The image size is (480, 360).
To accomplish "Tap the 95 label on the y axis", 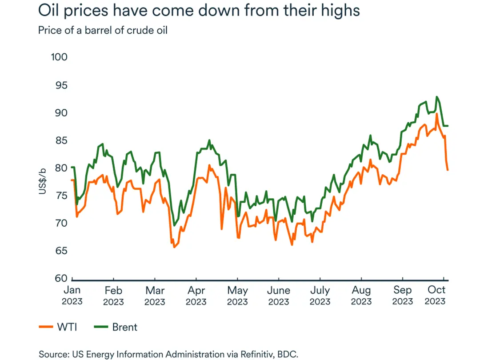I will coord(60,85).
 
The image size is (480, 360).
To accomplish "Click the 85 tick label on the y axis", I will coord(60,140).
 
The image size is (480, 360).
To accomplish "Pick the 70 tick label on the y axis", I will coord(60,223).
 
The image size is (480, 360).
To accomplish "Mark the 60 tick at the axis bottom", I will coord(60,278).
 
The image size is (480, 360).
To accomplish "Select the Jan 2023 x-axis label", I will coord(72,296).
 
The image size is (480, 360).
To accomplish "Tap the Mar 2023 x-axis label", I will coord(155,296).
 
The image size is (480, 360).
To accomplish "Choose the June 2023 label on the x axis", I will coord(279,296).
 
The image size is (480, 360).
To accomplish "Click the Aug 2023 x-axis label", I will coord(361,296).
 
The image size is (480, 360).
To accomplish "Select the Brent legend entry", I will coord(116,328).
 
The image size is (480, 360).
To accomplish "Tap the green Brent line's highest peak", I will coord(437,96).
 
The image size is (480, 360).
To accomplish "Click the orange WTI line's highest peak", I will coord(437,114).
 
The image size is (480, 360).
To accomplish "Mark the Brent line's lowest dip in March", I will coord(174,226).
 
